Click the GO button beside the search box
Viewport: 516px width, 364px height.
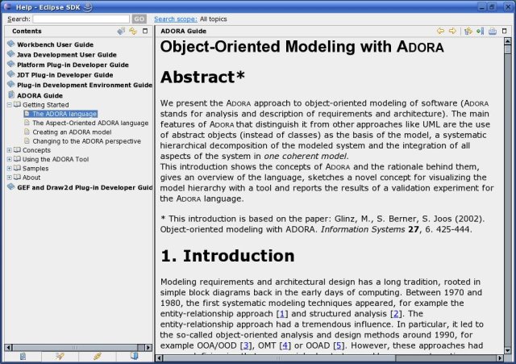point(139,19)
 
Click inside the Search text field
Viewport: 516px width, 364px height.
point(81,19)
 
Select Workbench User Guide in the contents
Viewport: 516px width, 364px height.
point(55,44)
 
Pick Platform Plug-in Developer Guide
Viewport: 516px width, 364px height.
point(73,65)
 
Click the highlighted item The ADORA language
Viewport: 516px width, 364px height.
point(64,114)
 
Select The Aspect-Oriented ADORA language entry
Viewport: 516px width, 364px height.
point(90,123)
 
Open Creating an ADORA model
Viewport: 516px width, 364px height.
point(72,132)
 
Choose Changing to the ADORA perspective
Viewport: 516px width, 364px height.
point(86,140)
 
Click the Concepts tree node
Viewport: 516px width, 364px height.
point(36,150)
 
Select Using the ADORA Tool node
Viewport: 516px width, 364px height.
point(55,159)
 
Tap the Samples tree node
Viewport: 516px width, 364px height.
point(35,168)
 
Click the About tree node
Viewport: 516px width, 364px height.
point(31,178)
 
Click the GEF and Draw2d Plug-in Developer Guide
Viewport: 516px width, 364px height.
point(85,187)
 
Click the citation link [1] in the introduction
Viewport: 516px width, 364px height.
point(281,312)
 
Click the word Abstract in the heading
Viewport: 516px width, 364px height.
point(197,77)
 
